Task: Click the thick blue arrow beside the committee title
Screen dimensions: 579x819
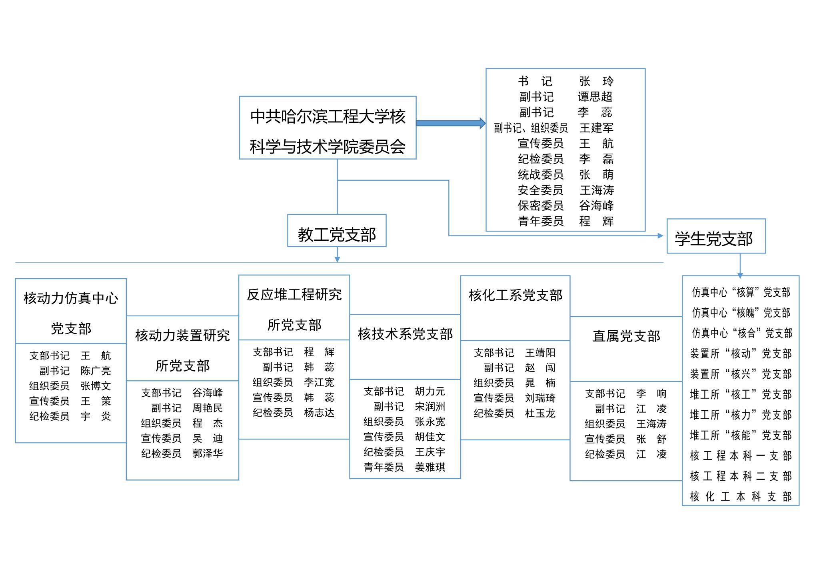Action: (x=450, y=123)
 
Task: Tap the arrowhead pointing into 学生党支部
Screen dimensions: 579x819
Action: (x=660, y=236)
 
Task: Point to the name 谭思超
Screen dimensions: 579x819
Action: (x=595, y=97)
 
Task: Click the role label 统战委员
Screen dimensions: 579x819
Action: (x=541, y=175)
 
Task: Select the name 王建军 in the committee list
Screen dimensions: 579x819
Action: (x=596, y=128)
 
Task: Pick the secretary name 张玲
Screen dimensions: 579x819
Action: (x=596, y=82)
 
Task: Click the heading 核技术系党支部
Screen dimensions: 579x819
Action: (x=405, y=334)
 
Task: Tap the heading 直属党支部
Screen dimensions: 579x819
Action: (x=626, y=336)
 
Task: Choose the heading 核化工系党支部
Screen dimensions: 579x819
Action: (x=515, y=295)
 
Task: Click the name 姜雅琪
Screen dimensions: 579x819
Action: (x=430, y=467)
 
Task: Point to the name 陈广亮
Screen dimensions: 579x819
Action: (x=96, y=371)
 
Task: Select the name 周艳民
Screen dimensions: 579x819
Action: (x=207, y=408)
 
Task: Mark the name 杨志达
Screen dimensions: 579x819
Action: (x=319, y=413)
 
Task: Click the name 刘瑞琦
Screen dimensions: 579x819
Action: (x=540, y=398)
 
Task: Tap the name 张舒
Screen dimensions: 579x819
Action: (x=651, y=439)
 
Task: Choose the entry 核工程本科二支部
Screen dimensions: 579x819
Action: (x=741, y=476)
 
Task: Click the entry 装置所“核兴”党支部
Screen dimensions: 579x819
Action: (x=741, y=374)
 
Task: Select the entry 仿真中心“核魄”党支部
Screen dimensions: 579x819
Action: (x=741, y=313)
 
